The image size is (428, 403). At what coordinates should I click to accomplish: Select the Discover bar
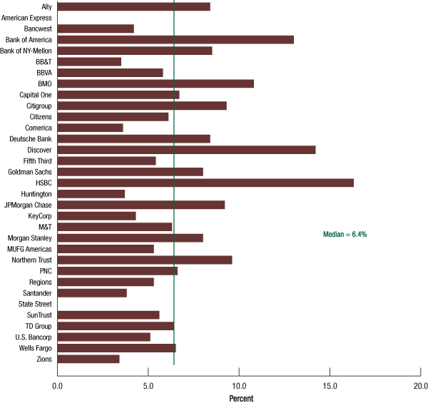(x=186, y=150)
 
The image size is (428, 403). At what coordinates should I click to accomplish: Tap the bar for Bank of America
(x=175, y=39)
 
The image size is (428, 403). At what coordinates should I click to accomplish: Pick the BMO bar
(x=156, y=83)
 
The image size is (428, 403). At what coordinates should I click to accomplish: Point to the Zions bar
(x=88, y=359)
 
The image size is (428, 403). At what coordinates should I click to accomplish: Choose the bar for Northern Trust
(x=145, y=260)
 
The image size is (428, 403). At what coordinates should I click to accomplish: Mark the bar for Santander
(x=92, y=292)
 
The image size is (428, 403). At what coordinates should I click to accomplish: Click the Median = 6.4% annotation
(x=345, y=234)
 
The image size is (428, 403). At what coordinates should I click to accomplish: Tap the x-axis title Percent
(x=241, y=397)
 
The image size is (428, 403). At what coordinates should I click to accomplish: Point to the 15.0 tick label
(x=330, y=385)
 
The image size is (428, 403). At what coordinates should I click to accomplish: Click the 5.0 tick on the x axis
(x=148, y=385)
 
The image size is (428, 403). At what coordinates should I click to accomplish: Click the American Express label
(x=27, y=17)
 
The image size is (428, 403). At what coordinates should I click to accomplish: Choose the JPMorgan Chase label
(x=29, y=205)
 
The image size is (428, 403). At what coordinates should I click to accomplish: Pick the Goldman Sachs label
(x=31, y=172)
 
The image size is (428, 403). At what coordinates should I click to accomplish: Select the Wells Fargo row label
(x=34, y=348)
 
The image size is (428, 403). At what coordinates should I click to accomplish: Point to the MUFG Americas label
(x=30, y=249)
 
